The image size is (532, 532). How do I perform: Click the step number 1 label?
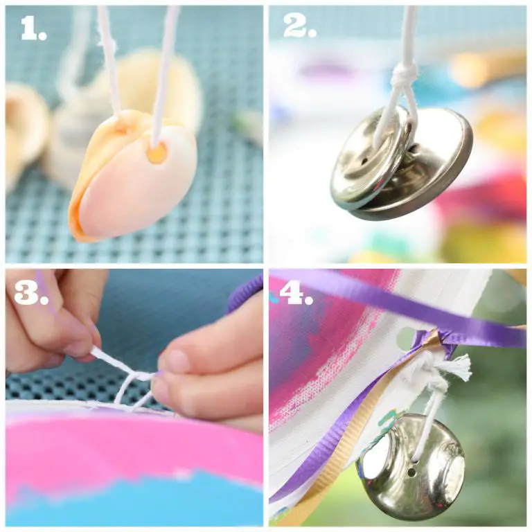(33, 28)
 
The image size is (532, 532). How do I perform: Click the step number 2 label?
(300, 26)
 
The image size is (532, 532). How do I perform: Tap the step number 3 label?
(31, 291)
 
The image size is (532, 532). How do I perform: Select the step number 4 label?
(296, 292)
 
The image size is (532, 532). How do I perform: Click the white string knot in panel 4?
(428, 369)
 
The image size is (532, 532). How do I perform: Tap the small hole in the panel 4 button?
(411, 472)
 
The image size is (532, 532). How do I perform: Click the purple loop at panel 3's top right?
(246, 296)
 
